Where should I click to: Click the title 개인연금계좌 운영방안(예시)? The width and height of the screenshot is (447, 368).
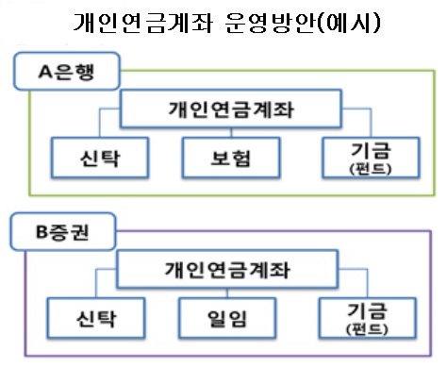point(224,23)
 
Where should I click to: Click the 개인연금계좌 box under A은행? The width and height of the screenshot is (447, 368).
point(223,109)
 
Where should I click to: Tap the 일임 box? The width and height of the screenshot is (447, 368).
point(223,312)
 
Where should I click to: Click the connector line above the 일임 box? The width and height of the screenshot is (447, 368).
point(223,291)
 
